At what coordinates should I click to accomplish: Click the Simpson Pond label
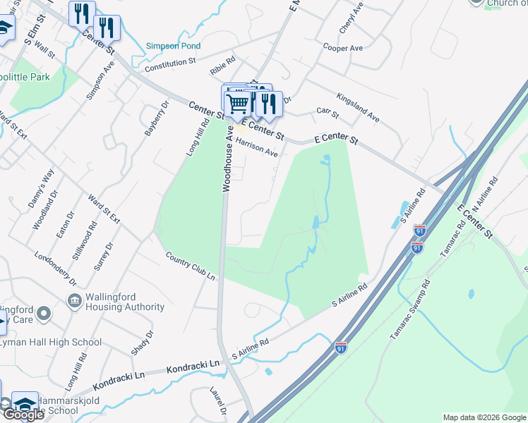[x=173, y=46]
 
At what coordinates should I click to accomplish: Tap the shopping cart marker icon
[x=239, y=103]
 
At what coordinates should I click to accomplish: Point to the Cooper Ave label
[x=342, y=47]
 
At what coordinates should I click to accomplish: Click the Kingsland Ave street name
[x=358, y=107]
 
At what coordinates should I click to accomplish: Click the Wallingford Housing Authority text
[x=118, y=302]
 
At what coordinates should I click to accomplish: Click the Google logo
[x=23, y=415]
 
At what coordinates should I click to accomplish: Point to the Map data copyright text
[x=484, y=417]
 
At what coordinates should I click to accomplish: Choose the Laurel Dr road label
[x=218, y=401]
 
